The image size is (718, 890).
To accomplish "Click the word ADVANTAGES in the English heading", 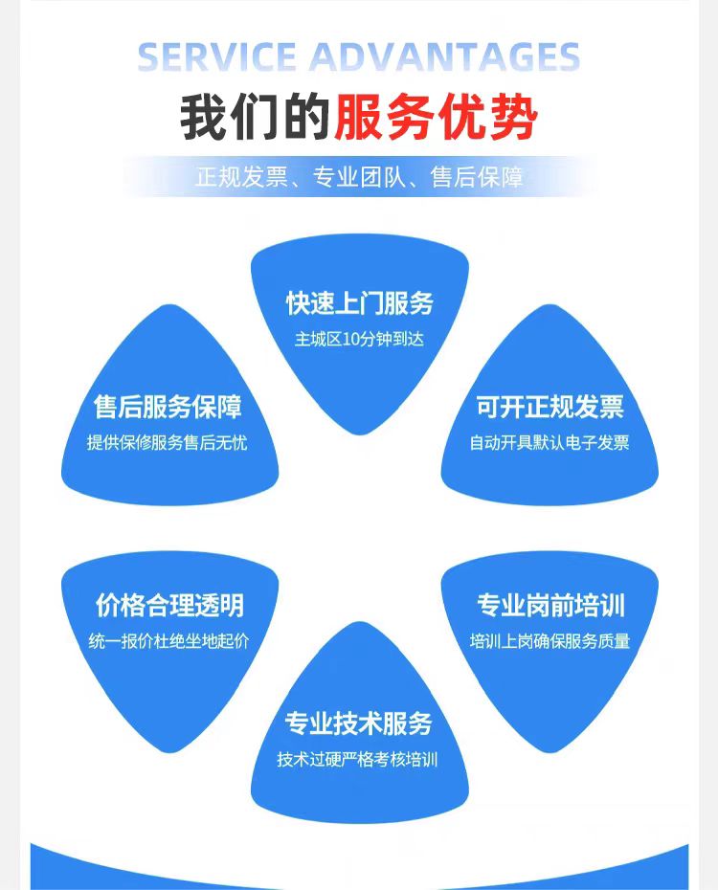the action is tap(446, 57).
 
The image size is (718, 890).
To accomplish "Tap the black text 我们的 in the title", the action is tap(255, 120).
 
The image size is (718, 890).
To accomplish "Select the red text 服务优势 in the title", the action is tap(436, 120).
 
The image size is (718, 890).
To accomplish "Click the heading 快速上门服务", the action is tap(359, 303).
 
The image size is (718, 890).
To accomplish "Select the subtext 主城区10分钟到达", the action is tap(359, 339).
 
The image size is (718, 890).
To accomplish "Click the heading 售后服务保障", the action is tap(168, 407).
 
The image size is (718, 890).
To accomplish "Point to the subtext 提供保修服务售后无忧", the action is tap(167, 443).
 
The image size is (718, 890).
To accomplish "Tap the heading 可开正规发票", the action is tap(550, 407).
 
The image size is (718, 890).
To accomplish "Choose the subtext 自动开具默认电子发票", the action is tap(550, 443).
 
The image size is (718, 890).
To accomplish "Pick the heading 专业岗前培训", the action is tap(550, 605).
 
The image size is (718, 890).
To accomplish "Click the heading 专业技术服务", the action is tap(359, 723).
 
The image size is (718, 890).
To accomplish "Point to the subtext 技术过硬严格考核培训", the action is tap(358, 760).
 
